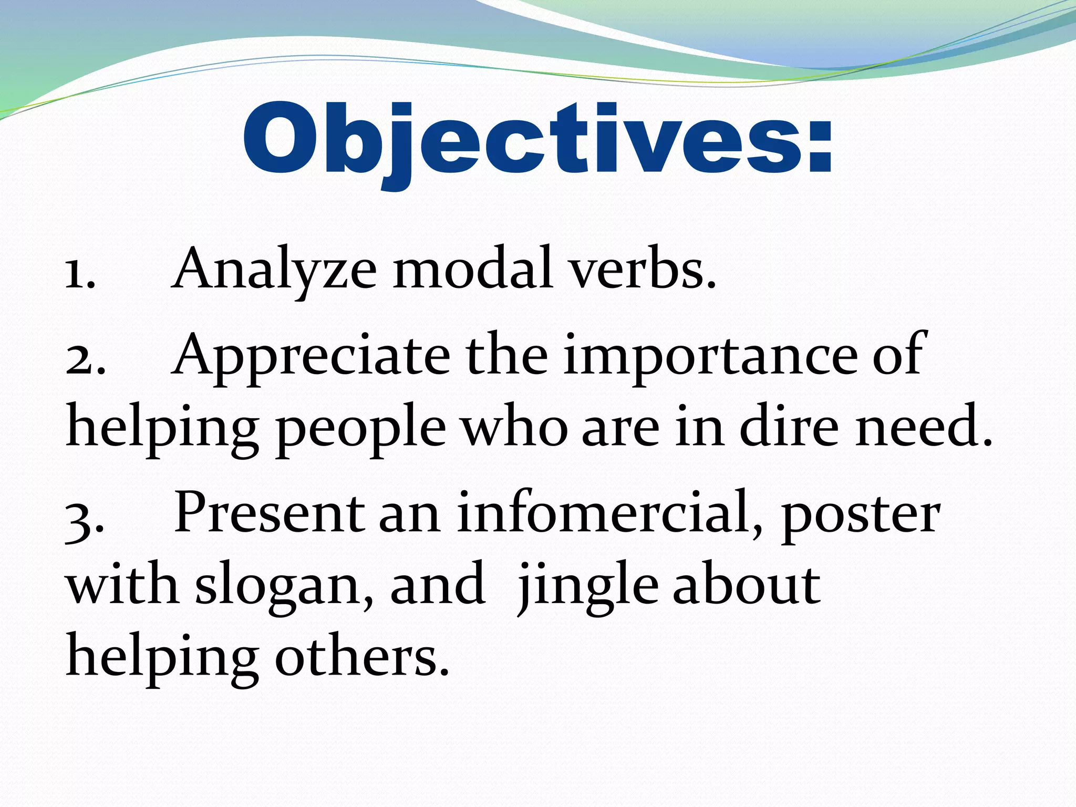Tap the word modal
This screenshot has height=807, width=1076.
tap(473, 269)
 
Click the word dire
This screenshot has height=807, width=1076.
tap(788, 427)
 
